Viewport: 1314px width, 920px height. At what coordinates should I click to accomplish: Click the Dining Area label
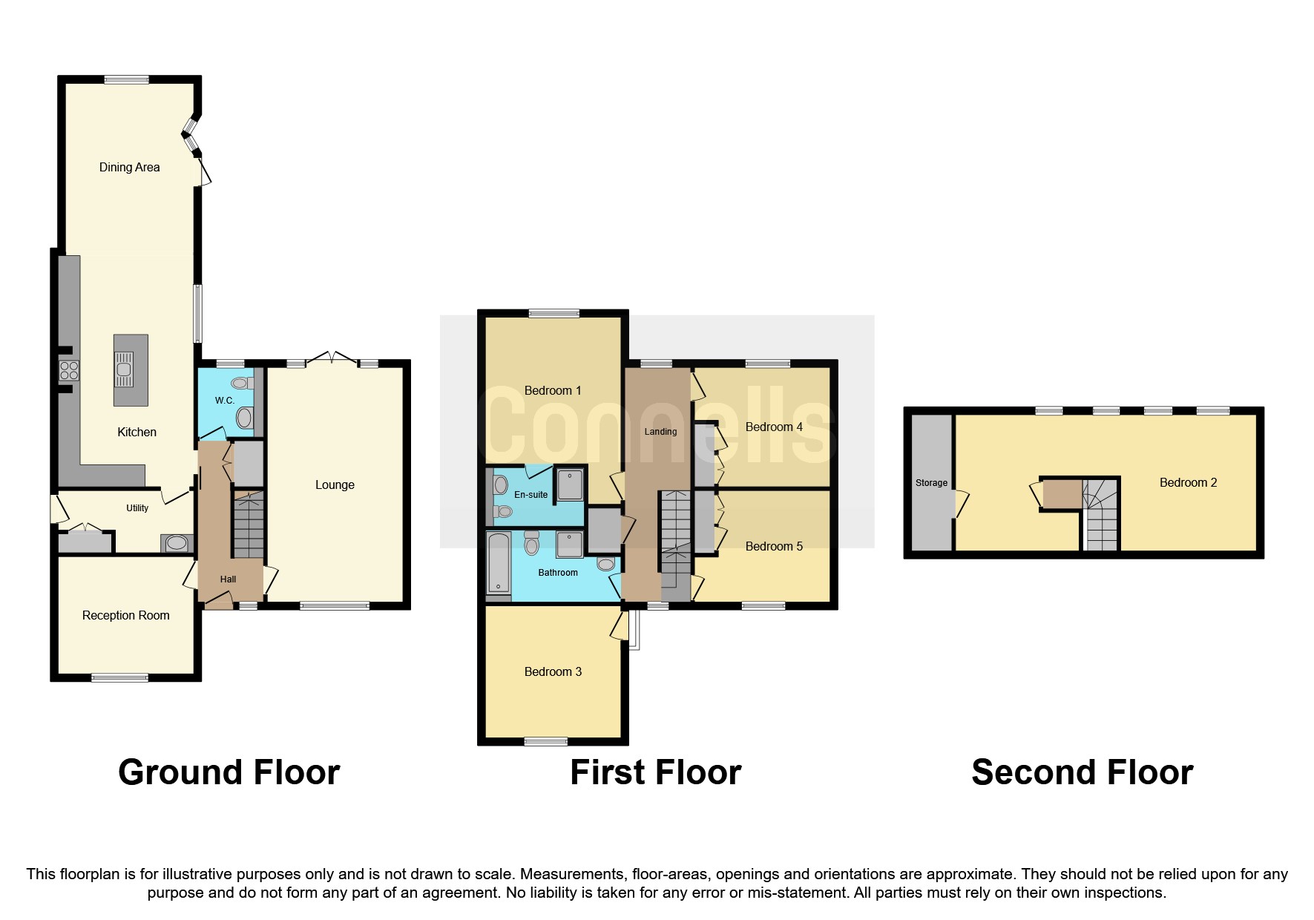(x=129, y=168)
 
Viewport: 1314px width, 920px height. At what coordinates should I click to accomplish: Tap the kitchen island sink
(x=124, y=369)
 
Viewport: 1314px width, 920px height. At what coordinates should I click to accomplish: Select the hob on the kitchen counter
(x=69, y=369)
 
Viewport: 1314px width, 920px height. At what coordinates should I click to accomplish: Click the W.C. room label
(x=224, y=401)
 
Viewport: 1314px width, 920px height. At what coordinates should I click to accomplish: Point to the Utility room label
(x=137, y=508)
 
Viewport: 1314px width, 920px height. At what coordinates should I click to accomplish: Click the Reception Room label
(x=125, y=616)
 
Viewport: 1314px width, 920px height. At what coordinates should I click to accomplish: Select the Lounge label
(x=335, y=485)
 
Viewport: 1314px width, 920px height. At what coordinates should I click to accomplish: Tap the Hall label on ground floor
(x=228, y=579)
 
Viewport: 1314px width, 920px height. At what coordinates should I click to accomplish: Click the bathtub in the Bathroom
(x=499, y=565)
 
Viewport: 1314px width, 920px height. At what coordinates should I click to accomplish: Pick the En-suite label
(x=530, y=495)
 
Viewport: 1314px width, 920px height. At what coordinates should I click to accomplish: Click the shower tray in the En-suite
(x=570, y=484)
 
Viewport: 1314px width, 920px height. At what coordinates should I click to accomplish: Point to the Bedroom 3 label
(x=553, y=672)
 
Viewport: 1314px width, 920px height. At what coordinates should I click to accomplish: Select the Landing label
(x=660, y=432)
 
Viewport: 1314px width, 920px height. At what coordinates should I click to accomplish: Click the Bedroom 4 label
(x=774, y=427)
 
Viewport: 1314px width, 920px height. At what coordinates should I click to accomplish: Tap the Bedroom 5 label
(x=774, y=547)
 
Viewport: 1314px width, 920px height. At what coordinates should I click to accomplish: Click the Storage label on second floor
(x=931, y=483)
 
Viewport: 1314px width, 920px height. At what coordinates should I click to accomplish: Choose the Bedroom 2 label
(x=1188, y=483)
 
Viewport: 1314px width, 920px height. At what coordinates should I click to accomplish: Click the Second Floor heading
(x=1082, y=773)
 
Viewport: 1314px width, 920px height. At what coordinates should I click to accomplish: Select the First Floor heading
(x=655, y=773)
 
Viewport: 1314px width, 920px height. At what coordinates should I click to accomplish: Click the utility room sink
(x=177, y=544)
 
